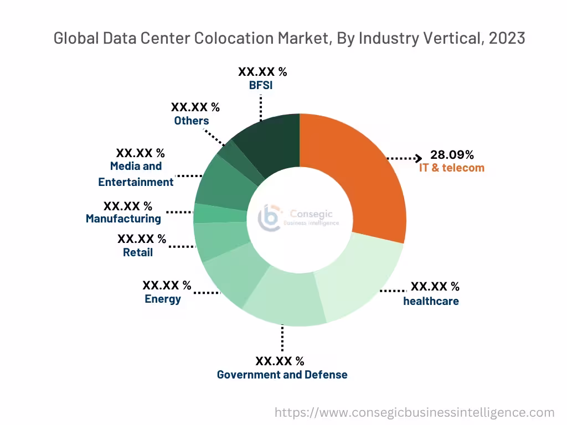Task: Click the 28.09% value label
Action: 452,154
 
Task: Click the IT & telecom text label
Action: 451,168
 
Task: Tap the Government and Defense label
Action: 282,375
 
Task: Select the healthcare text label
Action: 431,301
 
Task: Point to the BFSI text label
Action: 261,86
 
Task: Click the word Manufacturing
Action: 123,219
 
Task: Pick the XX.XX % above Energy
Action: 167,286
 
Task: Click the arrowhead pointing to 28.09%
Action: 419,159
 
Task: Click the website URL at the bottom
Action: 414,412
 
